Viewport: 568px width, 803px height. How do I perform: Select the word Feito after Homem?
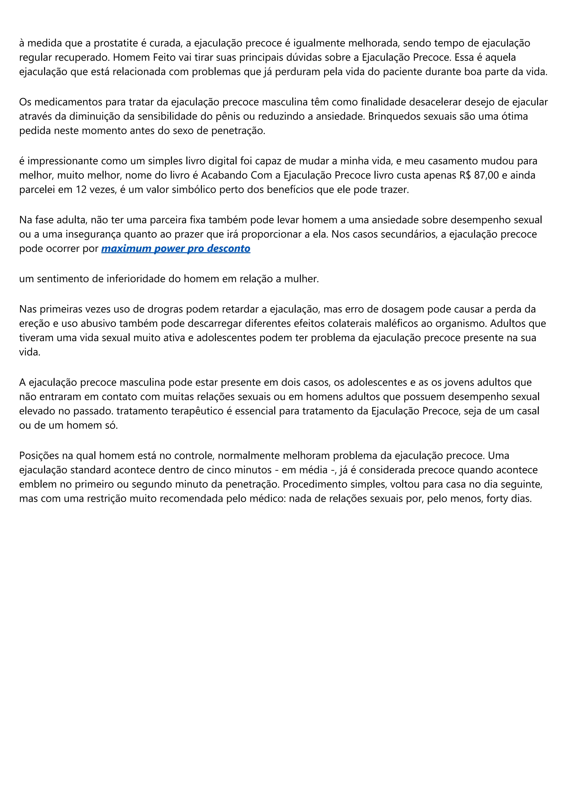(164, 57)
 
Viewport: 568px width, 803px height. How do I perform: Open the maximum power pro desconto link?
(176, 248)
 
